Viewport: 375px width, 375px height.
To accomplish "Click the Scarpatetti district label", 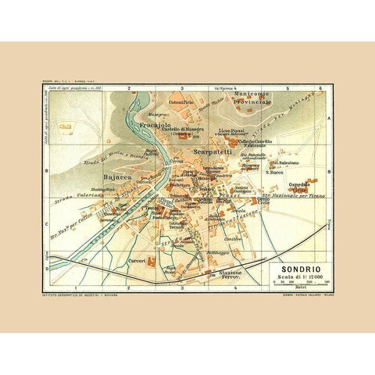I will [x=212, y=152].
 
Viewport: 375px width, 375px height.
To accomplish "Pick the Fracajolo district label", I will [x=155, y=124].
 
